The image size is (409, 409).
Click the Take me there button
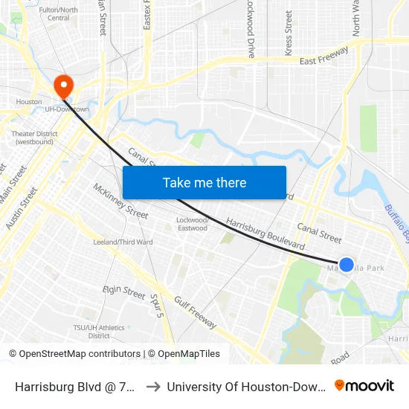pos(204,183)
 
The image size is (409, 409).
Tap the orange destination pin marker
pos(63,86)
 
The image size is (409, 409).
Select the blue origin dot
pos(347,264)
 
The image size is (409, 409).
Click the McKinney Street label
pos(120,201)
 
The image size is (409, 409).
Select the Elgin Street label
pos(123,292)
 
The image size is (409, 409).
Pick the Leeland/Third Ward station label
pos(123,242)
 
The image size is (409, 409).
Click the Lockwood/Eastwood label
pos(193,224)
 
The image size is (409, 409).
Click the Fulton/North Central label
pos(58,13)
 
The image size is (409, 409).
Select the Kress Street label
pos(289,33)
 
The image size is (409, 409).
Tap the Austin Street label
pos(21,208)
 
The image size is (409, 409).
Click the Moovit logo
pos(364,385)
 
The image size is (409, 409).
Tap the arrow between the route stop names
pos(152,386)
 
